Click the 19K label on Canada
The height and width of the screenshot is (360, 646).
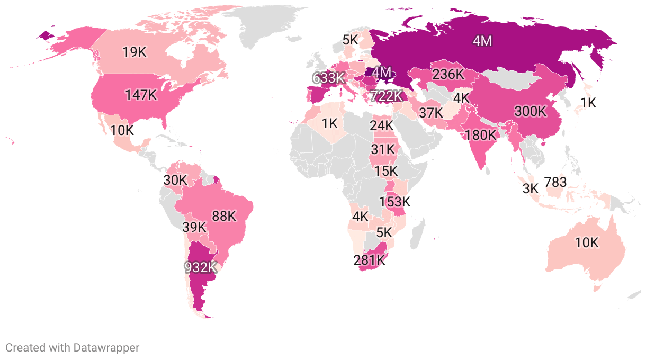[134, 52]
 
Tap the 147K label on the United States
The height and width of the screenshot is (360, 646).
[141, 95]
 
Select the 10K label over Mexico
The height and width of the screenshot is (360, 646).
[122, 130]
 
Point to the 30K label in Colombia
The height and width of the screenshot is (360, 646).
[175, 180]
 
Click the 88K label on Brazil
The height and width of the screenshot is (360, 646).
[223, 216]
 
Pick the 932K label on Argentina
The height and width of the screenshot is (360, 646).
[201, 267]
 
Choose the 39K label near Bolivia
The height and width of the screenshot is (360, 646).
[194, 227]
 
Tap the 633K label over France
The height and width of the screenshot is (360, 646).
[328, 78]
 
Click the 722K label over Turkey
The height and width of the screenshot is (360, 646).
[387, 96]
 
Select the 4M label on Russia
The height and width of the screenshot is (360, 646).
[482, 41]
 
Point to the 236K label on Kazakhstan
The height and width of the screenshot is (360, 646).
[448, 74]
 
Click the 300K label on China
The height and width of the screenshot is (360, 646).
[530, 112]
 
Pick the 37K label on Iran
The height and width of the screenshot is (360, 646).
[430, 113]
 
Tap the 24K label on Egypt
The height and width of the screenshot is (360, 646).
[382, 125]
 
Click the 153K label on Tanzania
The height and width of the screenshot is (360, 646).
[394, 202]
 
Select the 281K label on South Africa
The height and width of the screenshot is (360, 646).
[370, 260]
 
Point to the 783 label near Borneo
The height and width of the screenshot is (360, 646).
[555, 183]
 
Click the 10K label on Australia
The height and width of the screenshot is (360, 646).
[587, 243]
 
